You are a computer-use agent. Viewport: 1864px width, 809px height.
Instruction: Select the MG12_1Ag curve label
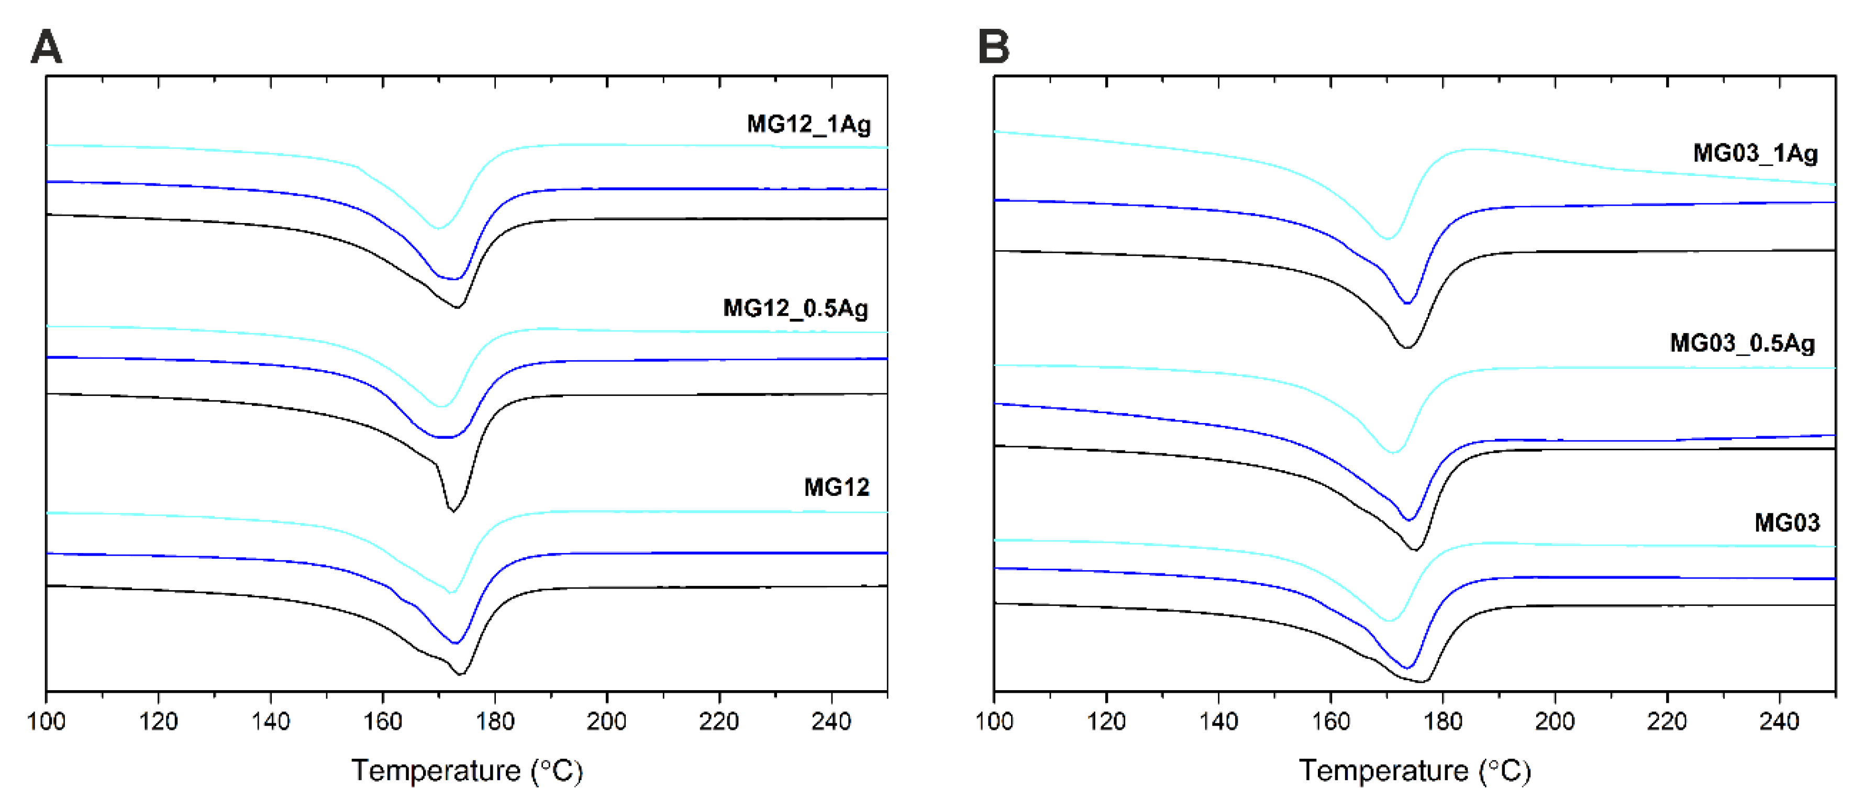(x=808, y=125)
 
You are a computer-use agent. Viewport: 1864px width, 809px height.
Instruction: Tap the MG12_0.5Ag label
(x=795, y=308)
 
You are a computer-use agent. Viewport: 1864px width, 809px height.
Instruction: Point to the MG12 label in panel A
(x=837, y=487)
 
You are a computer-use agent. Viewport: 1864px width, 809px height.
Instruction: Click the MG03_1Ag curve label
(x=1755, y=153)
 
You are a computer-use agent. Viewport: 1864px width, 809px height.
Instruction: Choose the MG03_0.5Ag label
(x=1741, y=343)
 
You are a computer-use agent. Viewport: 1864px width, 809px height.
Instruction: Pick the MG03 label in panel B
(x=1787, y=523)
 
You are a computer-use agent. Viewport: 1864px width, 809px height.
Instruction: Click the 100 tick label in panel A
(x=46, y=722)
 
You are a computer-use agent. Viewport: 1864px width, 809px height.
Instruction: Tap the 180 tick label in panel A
(x=495, y=722)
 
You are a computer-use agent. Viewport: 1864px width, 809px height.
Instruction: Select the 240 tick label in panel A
(x=831, y=722)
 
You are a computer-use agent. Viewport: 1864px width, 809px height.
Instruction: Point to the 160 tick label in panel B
(x=1330, y=722)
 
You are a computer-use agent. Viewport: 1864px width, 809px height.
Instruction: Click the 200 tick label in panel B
(x=1555, y=722)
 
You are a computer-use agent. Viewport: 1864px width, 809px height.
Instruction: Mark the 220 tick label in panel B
(x=1667, y=722)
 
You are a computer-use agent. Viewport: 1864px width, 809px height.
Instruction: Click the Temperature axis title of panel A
(x=467, y=771)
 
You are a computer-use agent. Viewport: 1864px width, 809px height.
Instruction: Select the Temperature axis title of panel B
(x=1415, y=771)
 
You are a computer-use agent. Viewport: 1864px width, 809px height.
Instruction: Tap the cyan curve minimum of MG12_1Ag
(x=438, y=228)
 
